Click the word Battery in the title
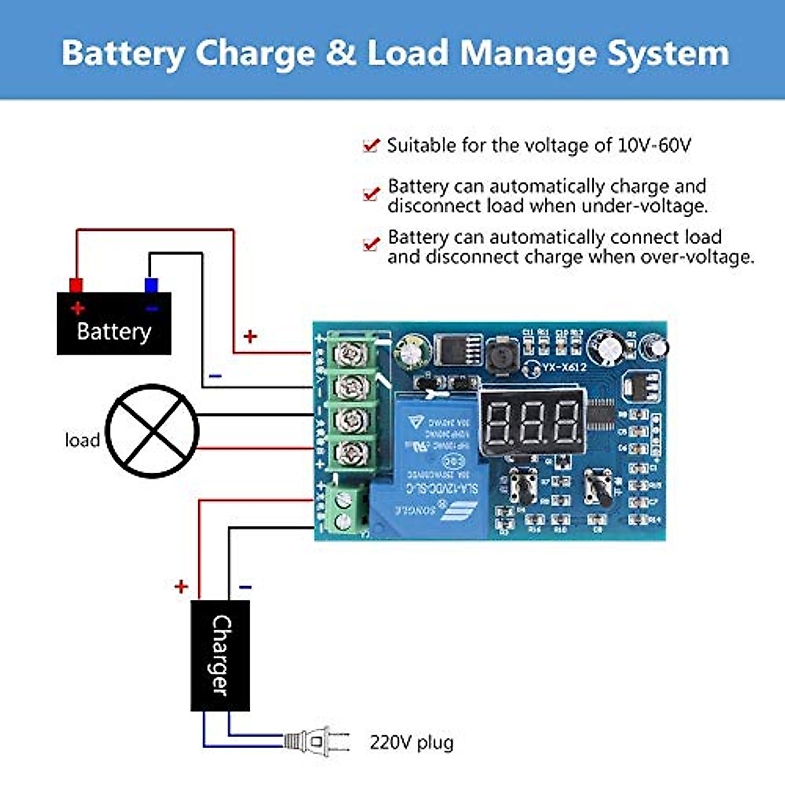[123, 54]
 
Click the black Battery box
[114, 324]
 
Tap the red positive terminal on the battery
[76, 285]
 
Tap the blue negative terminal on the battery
[151, 285]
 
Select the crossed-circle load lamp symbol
[152, 431]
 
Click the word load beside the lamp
[82, 440]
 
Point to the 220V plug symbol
[317, 742]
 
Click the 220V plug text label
[411, 742]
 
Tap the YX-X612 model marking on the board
[564, 368]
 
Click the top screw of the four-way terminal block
[352, 354]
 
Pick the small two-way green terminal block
[344, 511]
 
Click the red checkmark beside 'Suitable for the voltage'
[371, 145]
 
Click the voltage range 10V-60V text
[654, 145]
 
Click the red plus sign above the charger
[181, 586]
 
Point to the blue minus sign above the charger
[245, 587]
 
